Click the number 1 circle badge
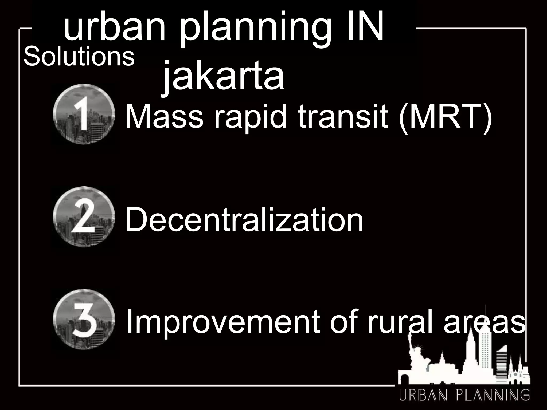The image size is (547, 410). pos(84,114)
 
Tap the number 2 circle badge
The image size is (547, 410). pos(84,216)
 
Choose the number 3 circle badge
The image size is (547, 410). pos(84,319)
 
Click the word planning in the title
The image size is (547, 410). pos(256,29)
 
